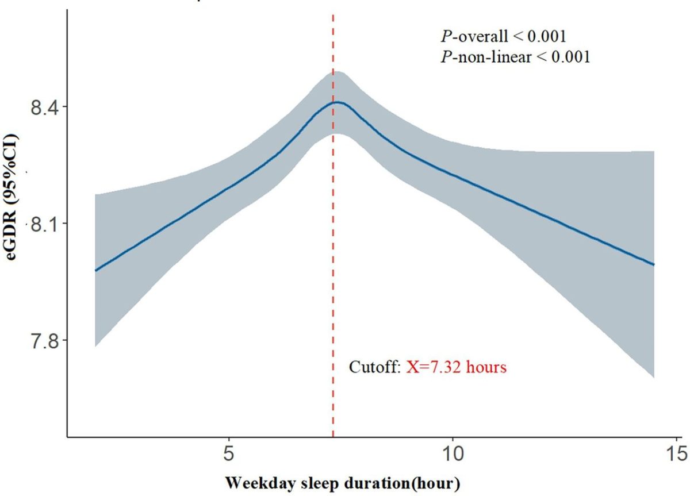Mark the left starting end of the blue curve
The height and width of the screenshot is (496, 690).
(95, 270)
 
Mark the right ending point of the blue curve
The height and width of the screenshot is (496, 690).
(654, 264)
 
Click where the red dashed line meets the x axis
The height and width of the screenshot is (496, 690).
(333, 436)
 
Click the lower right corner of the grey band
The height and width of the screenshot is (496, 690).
(654, 378)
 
